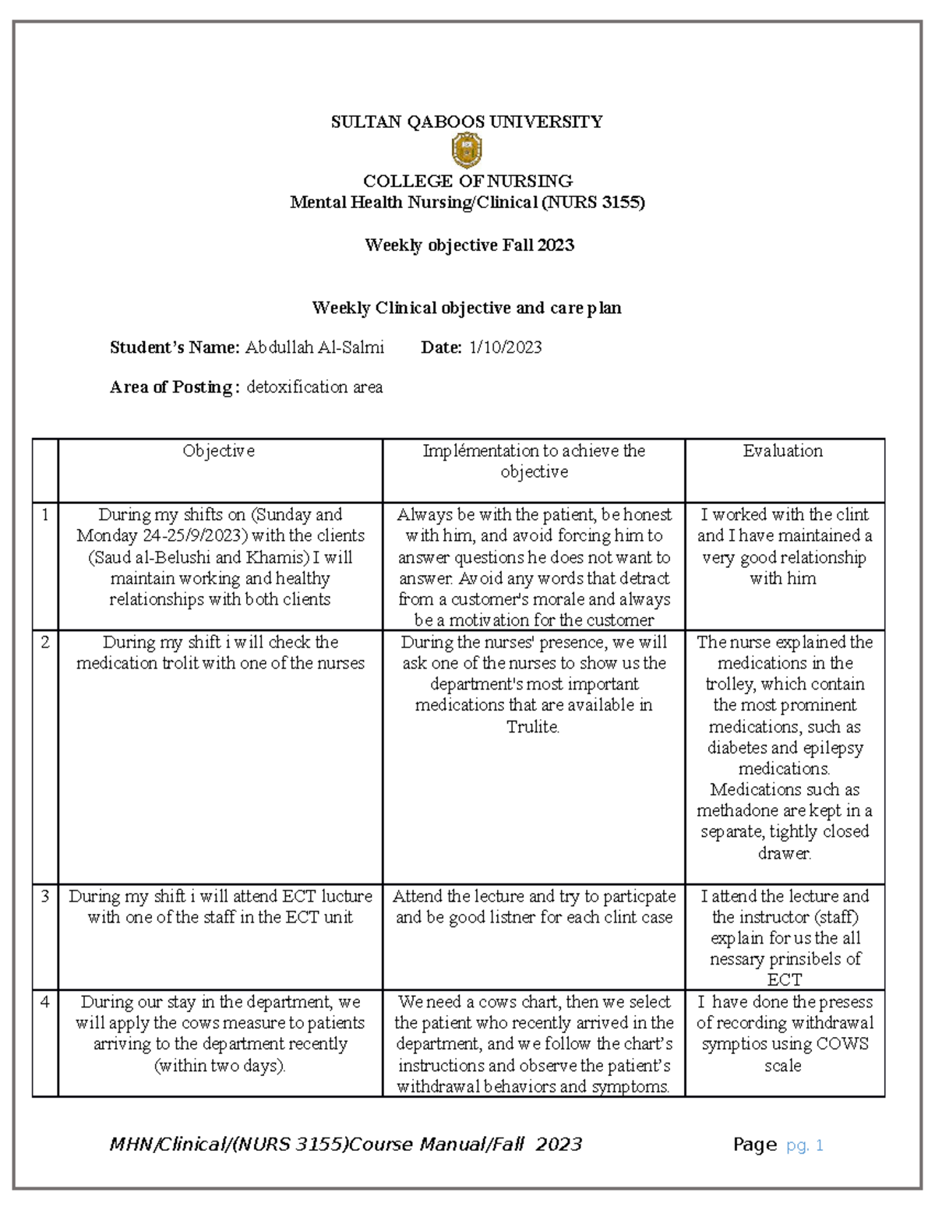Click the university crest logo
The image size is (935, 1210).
pos(467,150)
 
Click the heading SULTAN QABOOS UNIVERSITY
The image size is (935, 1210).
pos(467,122)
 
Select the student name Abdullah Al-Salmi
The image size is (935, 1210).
pos(314,347)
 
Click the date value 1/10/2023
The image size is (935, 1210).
pos(505,347)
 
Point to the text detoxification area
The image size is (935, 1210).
pos(314,387)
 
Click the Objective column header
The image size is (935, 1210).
pos(219,451)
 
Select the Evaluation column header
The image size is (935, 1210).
pos(782,451)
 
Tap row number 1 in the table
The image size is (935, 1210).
pos(45,515)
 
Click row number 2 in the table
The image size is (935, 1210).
pos(45,643)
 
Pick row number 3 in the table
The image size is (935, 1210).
pos(45,897)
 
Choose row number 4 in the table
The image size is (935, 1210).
pos(45,1002)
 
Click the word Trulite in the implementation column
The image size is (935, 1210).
pos(532,727)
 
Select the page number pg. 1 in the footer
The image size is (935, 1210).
pos(805,1145)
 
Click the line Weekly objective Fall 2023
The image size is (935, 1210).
pos(469,245)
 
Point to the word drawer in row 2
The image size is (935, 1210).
pos(784,854)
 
